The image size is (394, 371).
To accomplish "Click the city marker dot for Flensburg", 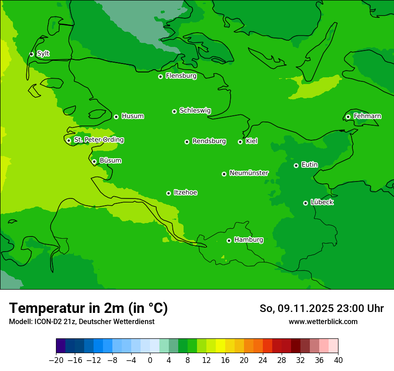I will [160, 76].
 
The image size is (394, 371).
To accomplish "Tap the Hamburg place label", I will [248, 240].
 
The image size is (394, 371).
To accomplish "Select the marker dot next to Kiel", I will [240, 142].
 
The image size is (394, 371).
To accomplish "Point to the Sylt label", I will [43, 54].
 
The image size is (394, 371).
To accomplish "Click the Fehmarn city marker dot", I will [348, 117].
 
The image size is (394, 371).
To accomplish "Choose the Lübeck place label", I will [322, 202].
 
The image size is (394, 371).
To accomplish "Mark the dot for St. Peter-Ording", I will [69, 140].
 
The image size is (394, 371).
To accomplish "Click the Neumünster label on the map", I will [249, 173].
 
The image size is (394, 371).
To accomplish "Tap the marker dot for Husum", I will [116, 117].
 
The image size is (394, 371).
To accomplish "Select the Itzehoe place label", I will [185, 192].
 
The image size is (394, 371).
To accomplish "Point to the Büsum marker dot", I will [94, 161].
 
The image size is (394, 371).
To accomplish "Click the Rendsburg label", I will [209, 141].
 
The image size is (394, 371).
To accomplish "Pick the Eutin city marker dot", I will [296, 165].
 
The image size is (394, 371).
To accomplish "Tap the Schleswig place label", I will [195, 110].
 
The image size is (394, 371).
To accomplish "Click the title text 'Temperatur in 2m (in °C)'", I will [88, 308].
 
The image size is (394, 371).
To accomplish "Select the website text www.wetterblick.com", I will [323, 321].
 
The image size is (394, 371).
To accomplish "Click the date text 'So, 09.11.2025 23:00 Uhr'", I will [321, 308].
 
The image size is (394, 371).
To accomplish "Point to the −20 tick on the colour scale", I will [56, 360].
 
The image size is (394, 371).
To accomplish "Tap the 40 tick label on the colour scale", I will [338, 360].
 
